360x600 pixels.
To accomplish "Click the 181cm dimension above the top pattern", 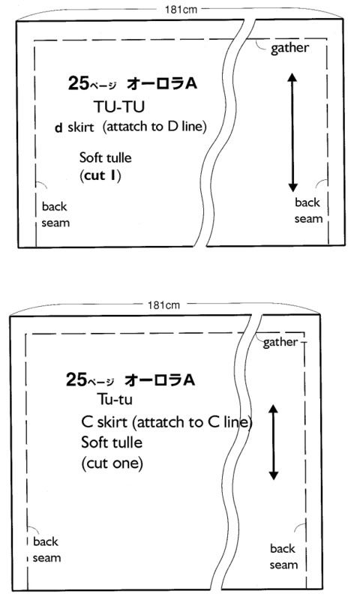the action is [x=181, y=9].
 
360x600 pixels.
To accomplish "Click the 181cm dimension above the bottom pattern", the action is [x=163, y=305].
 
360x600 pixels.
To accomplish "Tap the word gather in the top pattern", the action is [x=289, y=49].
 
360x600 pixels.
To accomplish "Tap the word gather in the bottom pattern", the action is [x=280, y=343].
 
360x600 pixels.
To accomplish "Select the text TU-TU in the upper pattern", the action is [x=119, y=106].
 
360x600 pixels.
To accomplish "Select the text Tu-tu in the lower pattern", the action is [x=115, y=399].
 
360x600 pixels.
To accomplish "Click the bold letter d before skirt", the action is [x=58, y=127].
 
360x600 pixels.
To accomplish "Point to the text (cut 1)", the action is [x=100, y=175].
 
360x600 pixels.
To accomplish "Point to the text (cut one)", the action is [x=112, y=463].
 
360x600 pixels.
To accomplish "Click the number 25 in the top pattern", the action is [x=79, y=82].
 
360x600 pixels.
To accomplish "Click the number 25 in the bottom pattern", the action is [x=76, y=379].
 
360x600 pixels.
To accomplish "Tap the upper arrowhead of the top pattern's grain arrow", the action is [x=292, y=77].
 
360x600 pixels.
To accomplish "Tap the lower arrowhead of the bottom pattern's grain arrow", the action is [x=273, y=475].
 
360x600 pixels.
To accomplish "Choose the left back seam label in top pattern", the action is [x=55, y=214].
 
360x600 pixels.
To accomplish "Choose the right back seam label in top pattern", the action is [x=308, y=211].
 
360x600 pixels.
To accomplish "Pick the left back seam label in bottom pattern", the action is [x=46, y=550].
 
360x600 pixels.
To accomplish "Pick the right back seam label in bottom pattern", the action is [x=283, y=556].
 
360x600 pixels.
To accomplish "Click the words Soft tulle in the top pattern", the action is [x=105, y=157].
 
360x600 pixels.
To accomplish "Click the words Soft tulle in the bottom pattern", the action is [x=112, y=442].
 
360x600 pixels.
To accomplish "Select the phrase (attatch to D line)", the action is [x=154, y=127].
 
